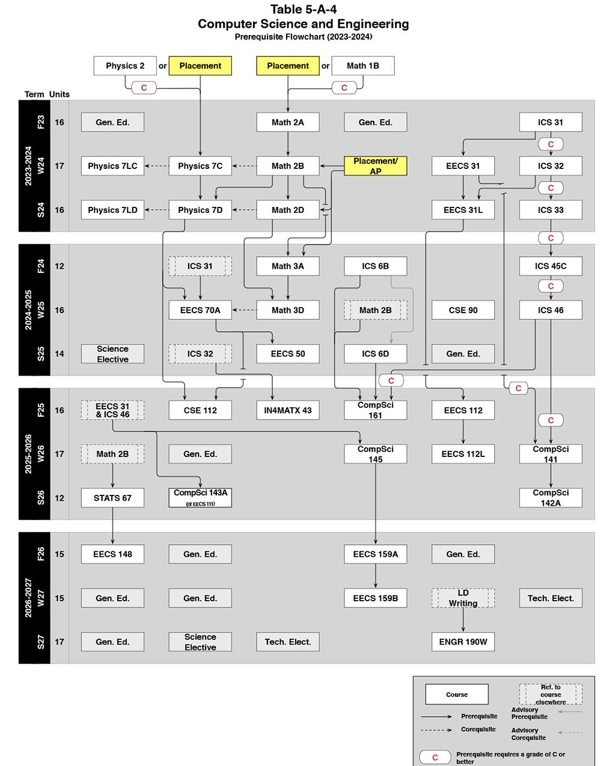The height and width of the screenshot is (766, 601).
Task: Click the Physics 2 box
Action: [125, 66]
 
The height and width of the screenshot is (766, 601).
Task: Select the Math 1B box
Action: [362, 66]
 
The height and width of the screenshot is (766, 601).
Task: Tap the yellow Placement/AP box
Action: [376, 166]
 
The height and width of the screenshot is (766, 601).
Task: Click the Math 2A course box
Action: [288, 122]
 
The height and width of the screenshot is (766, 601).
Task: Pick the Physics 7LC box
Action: [112, 166]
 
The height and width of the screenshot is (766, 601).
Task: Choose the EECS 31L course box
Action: [463, 210]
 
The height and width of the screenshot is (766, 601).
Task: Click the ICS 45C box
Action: [551, 266]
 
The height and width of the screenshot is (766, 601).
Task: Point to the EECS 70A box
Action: [200, 310]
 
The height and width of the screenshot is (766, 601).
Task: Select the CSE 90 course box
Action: [463, 310]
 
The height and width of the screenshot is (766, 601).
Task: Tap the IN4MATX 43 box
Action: [288, 410]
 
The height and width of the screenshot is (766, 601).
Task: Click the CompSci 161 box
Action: [376, 410]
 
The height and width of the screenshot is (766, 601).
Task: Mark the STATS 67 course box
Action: [112, 498]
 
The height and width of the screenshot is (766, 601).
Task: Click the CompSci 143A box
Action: [200, 497]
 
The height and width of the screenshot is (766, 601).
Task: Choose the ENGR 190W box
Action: [463, 642]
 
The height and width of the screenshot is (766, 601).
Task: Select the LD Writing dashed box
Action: [463, 598]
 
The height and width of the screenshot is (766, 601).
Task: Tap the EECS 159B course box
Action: [376, 598]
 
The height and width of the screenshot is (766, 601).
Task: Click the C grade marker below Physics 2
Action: [144, 88]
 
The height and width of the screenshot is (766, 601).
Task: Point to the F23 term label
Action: [41, 122]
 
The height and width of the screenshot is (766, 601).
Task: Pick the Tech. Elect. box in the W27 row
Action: [551, 598]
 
